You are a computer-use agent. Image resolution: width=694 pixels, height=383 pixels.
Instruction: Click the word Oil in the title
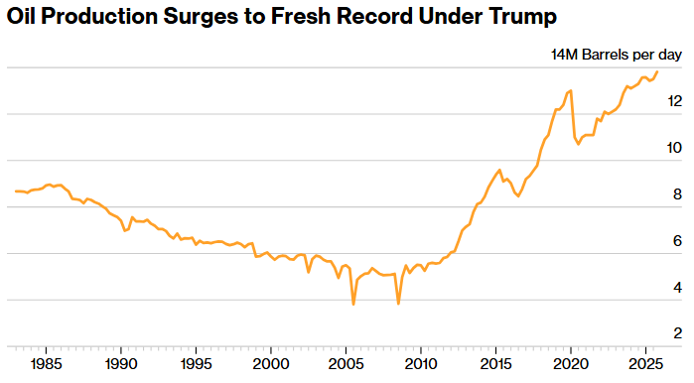pyautogui.click(x=23, y=17)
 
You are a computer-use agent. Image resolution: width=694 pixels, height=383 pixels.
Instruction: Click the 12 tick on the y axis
pyautogui.click(x=674, y=101)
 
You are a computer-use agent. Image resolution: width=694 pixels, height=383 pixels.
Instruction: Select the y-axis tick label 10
pyautogui.click(x=674, y=148)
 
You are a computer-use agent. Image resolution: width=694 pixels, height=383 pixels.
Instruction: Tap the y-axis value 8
pyautogui.click(x=677, y=194)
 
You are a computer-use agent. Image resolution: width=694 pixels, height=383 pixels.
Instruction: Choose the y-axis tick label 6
pyautogui.click(x=677, y=241)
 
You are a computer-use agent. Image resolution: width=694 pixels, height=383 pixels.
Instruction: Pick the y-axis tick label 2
pyautogui.click(x=677, y=333)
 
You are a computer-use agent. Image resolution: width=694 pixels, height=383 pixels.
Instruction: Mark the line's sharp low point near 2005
pyautogui.click(x=353, y=304)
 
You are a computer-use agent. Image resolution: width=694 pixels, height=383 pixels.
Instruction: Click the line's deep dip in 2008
pyautogui.click(x=398, y=304)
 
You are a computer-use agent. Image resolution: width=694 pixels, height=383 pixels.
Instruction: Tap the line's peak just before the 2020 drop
pyautogui.click(x=570, y=90)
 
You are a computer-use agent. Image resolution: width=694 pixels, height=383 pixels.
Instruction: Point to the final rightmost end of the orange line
pyautogui.click(x=657, y=70)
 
